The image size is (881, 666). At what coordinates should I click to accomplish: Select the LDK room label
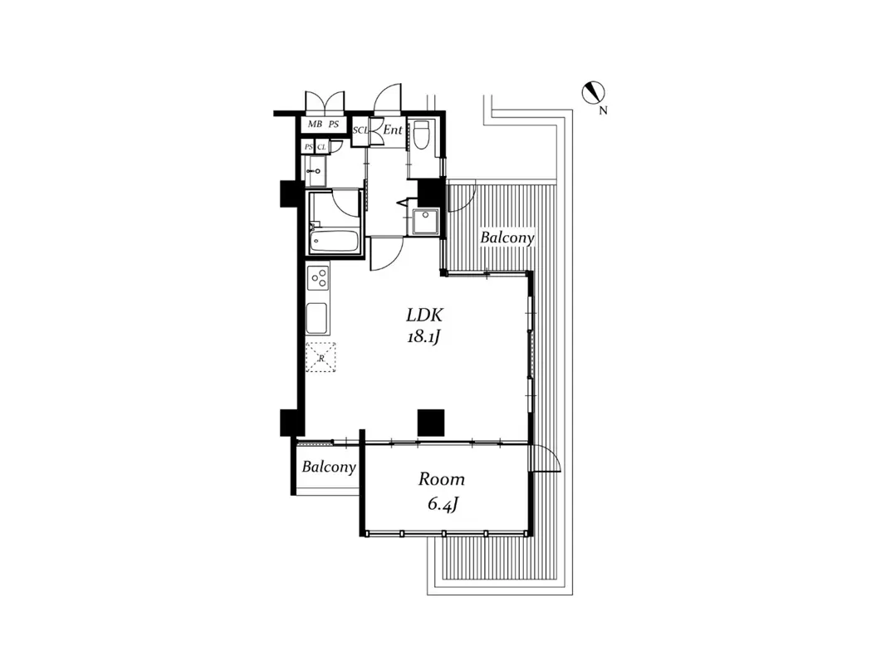tap(424, 316)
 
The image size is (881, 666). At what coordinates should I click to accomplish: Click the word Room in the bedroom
tap(441, 479)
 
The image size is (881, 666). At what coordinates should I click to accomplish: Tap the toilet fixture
tap(421, 135)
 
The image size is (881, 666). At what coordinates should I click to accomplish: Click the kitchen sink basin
tap(317, 317)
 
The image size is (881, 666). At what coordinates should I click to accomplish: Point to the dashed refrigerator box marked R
tap(320, 357)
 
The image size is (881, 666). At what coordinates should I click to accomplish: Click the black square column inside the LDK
tap(431, 422)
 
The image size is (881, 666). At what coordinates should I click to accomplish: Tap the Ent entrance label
tap(393, 130)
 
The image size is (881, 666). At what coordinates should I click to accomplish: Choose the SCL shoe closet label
tap(361, 130)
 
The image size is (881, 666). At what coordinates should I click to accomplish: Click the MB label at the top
tap(315, 125)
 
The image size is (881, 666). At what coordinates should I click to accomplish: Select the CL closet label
tap(321, 147)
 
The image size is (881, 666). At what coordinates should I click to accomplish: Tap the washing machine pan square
tap(426, 223)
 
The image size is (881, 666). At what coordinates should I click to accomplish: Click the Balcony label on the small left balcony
tap(329, 467)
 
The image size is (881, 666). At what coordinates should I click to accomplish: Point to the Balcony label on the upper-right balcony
tap(507, 238)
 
